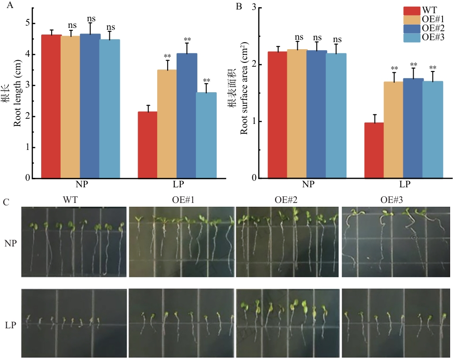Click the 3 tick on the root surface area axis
coord(254,8)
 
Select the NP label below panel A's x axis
coord(80,184)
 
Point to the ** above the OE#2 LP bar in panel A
coord(187,40)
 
